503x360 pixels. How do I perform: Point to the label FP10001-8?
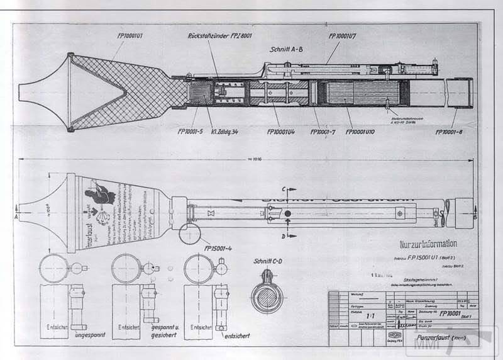[x=448, y=132]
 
